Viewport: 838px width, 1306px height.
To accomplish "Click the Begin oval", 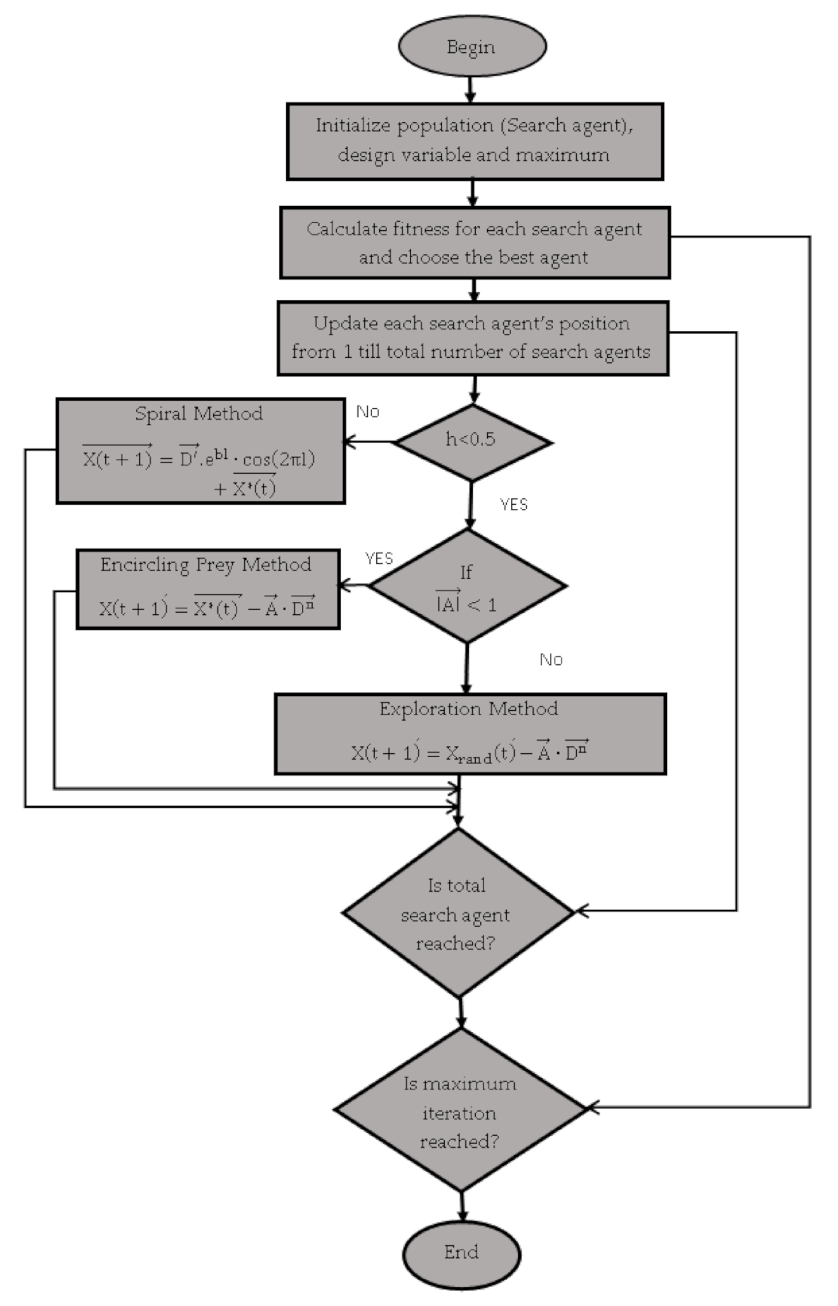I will pos(472,47).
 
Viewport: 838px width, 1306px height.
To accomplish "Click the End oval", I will pos(461,1252).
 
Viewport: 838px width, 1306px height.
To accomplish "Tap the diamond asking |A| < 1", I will pos(467,587).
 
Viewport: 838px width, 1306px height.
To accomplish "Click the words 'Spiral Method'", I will pos(199,414).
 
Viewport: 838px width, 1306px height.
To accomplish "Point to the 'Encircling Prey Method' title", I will pos(205,565).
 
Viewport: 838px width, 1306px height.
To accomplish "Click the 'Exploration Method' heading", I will pos(468,709).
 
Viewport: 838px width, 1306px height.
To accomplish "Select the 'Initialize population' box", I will pos(474,140).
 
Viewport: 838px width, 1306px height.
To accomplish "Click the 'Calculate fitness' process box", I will pos(474,243).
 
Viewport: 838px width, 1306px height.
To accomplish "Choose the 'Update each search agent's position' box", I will pos(472,338).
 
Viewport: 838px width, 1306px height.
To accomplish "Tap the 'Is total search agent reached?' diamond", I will pos(457,913).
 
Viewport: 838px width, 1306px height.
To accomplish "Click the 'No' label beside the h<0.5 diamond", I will pos(368,412).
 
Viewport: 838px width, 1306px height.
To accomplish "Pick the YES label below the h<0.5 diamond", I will pos(513,505).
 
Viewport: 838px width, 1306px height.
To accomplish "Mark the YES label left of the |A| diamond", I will pos(379,559).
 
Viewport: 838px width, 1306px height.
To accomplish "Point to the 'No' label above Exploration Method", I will pos(551,659).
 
